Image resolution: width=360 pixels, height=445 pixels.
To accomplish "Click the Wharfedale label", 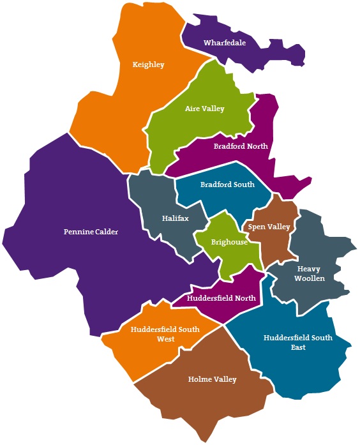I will click(x=225, y=43).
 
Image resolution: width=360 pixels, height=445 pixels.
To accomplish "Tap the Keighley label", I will click(x=148, y=64).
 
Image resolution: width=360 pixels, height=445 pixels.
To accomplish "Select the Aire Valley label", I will click(x=204, y=109).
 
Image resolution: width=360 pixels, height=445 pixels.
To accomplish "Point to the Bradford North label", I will click(x=241, y=146).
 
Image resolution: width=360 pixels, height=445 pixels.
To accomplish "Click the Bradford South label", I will click(x=227, y=185).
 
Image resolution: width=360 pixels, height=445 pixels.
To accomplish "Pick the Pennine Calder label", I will click(x=91, y=231).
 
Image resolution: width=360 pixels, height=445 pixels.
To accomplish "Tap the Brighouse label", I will click(x=230, y=242).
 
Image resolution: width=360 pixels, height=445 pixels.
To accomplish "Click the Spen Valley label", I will click(x=269, y=227).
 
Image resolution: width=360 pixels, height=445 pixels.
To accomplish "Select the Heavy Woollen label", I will click(x=309, y=274).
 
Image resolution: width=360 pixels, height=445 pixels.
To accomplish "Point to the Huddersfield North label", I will click(x=221, y=298).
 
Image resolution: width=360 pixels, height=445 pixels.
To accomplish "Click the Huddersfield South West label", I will click(x=165, y=334).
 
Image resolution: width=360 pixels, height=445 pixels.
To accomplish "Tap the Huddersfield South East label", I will click(x=297, y=342).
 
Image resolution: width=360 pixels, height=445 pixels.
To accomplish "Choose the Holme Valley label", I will click(x=212, y=379).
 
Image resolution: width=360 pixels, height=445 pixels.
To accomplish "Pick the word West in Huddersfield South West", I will click(x=165, y=339).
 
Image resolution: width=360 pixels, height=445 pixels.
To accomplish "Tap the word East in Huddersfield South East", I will click(x=297, y=347).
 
